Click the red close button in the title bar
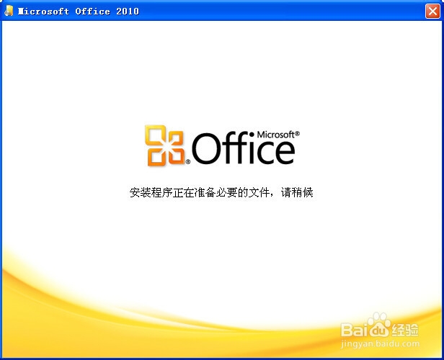(x=432, y=11)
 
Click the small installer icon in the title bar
(x=9, y=12)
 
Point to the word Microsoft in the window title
(x=42, y=12)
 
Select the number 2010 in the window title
(x=127, y=12)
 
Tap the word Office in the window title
(x=90, y=12)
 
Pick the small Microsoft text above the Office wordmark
(x=273, y=135)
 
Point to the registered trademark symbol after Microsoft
(x=297, y=134)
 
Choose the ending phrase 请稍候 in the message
(x=297, y=193)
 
